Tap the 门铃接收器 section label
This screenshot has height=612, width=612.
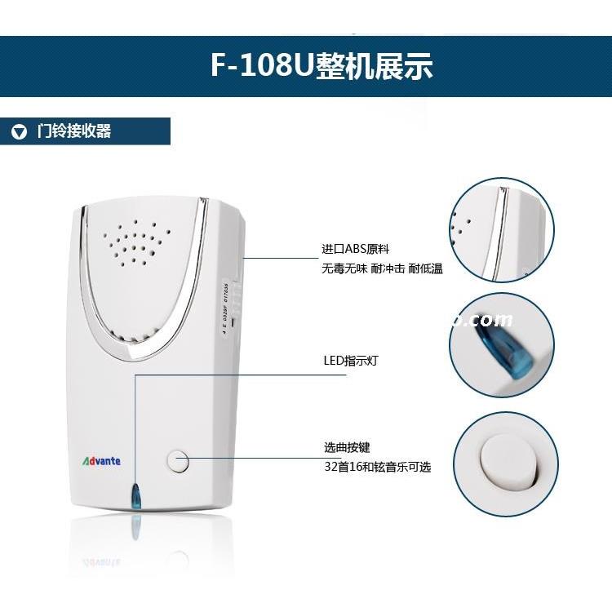[74, 131]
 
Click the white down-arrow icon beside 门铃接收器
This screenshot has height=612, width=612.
[19, 132]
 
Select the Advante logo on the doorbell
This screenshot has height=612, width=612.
[102, 461]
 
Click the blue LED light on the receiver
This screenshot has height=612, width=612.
[136, 496]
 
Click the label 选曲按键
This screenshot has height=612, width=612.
[347, 448]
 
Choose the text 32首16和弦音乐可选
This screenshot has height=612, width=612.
[376, 467]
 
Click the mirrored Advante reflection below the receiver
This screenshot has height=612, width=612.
[102, 563]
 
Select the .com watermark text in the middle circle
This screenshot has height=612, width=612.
[490, 321]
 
